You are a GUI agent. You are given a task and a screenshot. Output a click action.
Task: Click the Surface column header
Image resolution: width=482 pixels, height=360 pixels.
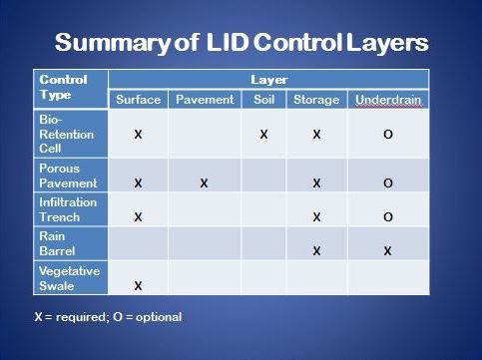point(138,100)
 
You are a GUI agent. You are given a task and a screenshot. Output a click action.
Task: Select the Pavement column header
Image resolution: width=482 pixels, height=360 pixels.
point(204,100)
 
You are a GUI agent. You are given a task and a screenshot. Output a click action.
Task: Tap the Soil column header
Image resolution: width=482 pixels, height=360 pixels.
point(262,100)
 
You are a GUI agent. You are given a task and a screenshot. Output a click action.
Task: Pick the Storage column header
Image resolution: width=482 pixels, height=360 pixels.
point(315,100)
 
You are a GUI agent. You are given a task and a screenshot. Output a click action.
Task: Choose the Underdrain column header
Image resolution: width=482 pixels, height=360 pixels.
point(387,100)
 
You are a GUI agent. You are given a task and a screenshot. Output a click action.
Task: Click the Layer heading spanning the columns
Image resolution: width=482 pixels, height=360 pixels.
point(268,79)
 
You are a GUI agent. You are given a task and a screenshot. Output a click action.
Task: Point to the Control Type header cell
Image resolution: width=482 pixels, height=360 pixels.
point(63,87)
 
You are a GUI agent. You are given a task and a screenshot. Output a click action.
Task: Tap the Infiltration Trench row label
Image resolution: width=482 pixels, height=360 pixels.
point(67,209)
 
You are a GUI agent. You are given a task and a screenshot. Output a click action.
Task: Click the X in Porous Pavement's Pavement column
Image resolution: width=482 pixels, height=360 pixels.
point(204,183)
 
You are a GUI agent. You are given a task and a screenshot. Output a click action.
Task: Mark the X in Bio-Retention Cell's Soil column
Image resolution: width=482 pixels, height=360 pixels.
point(262,134)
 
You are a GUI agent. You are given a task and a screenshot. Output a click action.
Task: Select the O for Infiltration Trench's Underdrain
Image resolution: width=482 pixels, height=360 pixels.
point(387,216)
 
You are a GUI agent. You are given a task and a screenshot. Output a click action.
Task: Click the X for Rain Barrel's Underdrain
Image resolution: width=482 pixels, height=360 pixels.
point(387,251)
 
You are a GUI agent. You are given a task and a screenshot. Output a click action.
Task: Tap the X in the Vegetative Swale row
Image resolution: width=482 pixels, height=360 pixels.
point(138,285)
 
